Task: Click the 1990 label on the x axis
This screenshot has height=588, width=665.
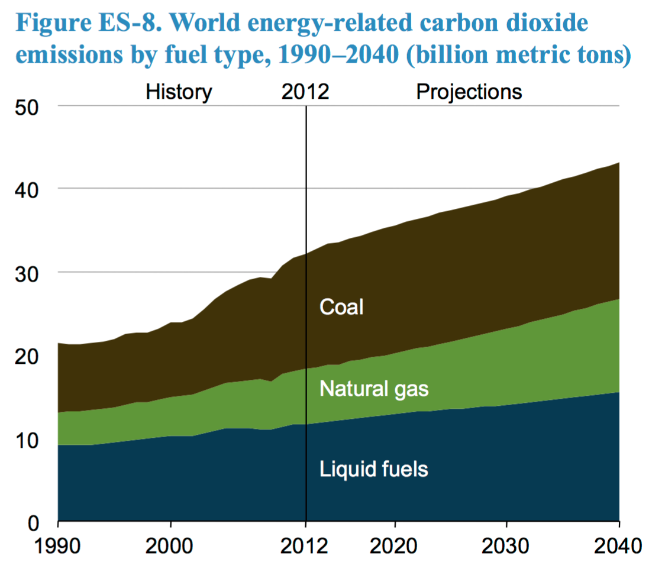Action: [x=58, y=545]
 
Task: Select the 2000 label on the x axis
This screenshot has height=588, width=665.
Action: [x=170, y=545]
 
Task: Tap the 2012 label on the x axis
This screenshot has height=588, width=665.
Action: [x=305, y=545]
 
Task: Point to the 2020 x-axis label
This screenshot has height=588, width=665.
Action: [x=395, y=545]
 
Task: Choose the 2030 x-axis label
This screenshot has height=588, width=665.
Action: [x=506, y=545]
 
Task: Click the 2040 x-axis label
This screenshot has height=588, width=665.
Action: [x=619, y=545]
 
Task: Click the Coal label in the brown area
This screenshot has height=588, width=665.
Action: [x=341, y=307]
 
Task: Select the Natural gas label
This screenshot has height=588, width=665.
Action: [x=373, y=389]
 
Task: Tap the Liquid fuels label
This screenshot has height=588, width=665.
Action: [x=373, y=469]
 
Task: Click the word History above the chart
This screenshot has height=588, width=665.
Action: [x=179, y=92]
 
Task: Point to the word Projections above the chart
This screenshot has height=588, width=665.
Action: [x=469, y=92]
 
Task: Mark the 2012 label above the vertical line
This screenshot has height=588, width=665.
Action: [x=305, y=92]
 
